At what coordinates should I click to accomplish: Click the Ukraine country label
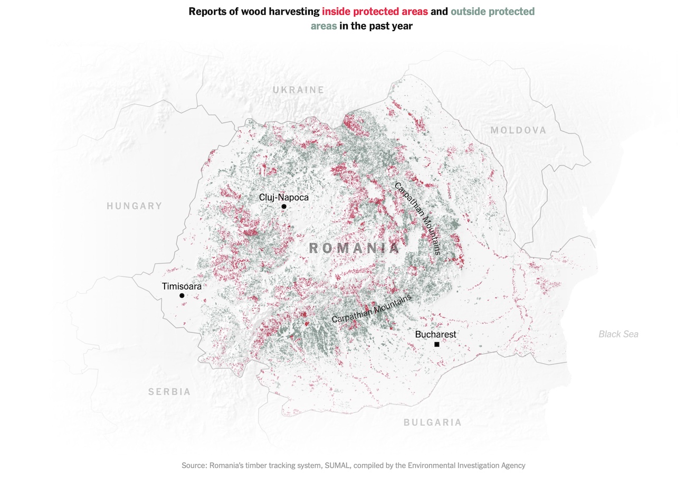298,90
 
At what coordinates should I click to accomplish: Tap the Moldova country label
518,130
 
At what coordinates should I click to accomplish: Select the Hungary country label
134,206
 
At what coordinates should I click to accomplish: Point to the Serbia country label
169,392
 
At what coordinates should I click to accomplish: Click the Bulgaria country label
433,422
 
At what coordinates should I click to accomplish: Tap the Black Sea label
618,334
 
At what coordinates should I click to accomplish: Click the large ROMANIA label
354,248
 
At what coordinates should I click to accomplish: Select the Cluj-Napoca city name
284,197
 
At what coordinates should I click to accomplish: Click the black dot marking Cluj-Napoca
284,206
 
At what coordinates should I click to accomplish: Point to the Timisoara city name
182,286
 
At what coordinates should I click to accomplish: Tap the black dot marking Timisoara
182,296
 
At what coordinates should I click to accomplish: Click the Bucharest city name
435,334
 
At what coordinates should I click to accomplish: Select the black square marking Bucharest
437,344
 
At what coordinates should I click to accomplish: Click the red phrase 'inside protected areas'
375,11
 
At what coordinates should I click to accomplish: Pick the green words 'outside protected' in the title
492,11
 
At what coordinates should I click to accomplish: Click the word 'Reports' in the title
207,11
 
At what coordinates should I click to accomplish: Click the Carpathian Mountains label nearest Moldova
417,219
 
